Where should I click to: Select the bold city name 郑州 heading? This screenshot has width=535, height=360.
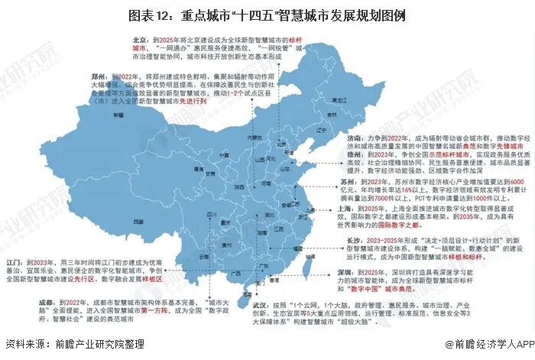(x=101, y=78)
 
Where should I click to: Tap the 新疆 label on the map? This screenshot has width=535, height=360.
(x=118, y=115)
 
